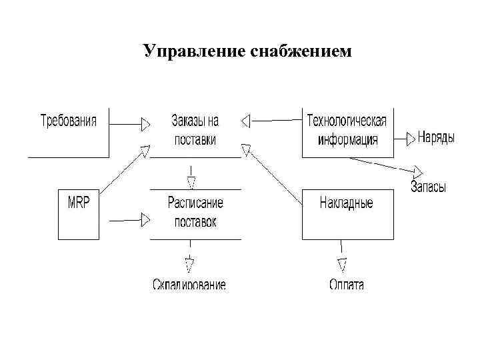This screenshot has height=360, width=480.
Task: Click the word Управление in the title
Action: pyautogui.click(x=194, y=51)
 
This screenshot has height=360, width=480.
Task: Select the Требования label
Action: pyautogui.click(x=69, y=121)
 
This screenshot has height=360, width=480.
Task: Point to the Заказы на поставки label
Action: pyautogui.click(x=195, y=131)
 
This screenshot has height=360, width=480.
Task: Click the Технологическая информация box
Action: pyautogui.click(x=347, y=131)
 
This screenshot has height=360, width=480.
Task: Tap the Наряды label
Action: pyautogui.click(x=437, y=138)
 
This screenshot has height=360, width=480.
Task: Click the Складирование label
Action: pyautogui.click(x=189, y=285)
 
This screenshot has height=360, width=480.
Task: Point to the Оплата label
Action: pyautogui.click(x=347, y=285)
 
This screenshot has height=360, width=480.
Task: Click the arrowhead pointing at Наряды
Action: pyautogui.click(x=410, y=139)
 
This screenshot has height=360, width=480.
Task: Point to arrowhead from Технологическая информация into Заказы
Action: pyautogui.click(x=245, y=121)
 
